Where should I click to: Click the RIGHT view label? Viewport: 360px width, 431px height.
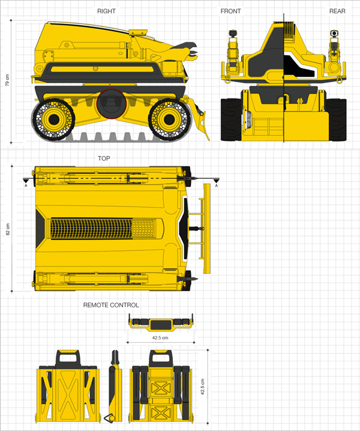point(106,11)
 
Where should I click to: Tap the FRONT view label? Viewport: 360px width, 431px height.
point(230,11)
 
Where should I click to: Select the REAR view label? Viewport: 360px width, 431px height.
point(337,11)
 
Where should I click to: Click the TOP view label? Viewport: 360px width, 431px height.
point(104,158)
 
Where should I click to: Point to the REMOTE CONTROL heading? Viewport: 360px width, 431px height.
point(111,305)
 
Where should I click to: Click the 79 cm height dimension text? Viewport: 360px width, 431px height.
point(7,80)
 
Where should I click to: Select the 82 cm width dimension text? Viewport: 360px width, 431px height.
point(8,229)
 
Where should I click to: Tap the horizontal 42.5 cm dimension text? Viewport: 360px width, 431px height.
point(160,337)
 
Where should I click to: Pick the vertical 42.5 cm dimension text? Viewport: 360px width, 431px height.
point(203,387)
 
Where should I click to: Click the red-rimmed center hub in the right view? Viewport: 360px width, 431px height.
point(111,104)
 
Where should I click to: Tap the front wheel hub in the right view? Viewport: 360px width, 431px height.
point(169,119)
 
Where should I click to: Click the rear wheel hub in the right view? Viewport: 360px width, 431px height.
point(53,119)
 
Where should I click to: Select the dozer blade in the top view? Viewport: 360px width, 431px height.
point(206,229)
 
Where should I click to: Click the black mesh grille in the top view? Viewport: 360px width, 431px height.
point(91,229)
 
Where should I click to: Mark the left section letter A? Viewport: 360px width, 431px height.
point(26,186)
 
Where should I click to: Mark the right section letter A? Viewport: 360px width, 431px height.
point(217,186)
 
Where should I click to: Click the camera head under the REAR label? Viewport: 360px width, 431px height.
point(334,34)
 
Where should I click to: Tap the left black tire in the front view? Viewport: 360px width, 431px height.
point(232,120)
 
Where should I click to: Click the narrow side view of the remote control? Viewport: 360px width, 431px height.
point(115,387)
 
